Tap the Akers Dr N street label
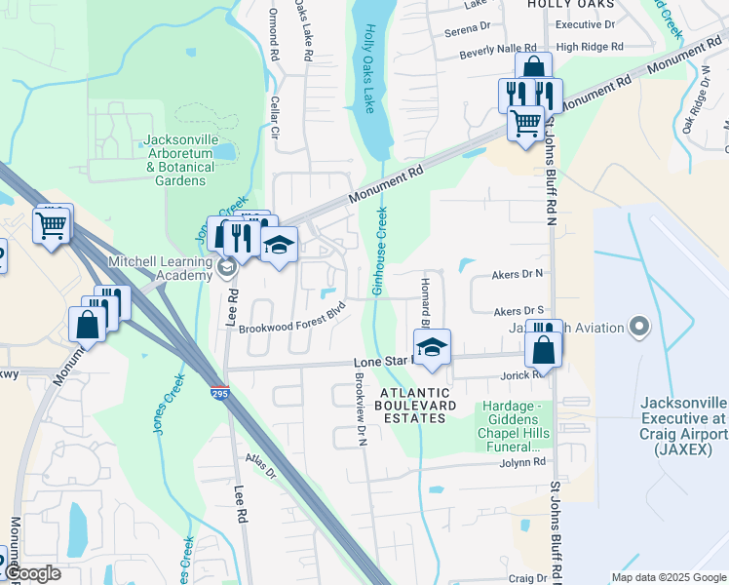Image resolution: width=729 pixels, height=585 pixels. (518, 275)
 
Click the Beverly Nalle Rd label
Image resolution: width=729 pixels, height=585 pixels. (498, 48)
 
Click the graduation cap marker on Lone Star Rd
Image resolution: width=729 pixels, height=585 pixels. (432, 346)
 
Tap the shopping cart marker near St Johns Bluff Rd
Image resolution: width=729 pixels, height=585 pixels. (525, 124)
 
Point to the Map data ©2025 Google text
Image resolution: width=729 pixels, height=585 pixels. (668, 577)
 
